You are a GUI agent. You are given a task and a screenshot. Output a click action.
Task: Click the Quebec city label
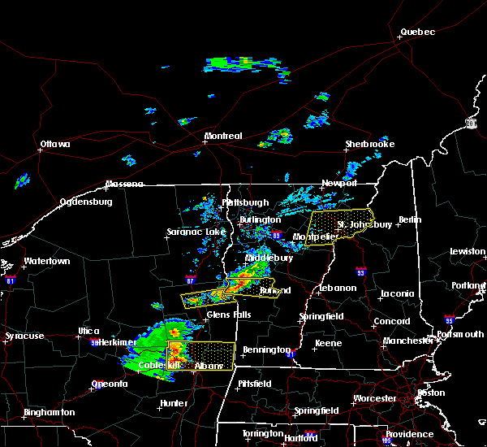point(417,33)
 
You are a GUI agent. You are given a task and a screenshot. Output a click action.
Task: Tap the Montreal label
point(222,136)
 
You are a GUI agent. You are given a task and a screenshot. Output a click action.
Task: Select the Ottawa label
point(55,145)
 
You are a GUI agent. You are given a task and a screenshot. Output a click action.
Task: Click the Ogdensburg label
point(86,202)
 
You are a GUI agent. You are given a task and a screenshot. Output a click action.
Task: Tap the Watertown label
point(46,262)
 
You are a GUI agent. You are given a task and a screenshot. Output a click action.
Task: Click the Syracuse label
point(24,336)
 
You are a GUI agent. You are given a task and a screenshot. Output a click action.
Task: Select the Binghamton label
point(49,412)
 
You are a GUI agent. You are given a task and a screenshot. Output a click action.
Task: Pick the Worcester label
point(374,398)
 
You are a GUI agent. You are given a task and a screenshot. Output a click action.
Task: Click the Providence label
point(410,434)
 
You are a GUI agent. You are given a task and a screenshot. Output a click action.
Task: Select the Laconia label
point(397,293)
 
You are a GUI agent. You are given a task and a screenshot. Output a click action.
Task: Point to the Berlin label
point(411,219)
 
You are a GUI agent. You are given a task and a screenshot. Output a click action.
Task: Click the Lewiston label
point(468,252)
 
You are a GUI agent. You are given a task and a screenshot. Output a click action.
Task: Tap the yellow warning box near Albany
point(201,355)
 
